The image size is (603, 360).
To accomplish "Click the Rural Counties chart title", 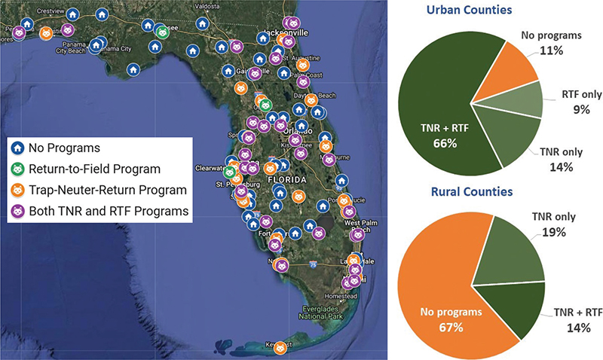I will click(471, 192).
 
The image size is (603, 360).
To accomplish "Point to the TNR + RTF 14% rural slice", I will click(513, 309).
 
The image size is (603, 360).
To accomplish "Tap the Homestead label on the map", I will click(344, 297).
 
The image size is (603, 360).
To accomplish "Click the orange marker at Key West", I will click(280, 348).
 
